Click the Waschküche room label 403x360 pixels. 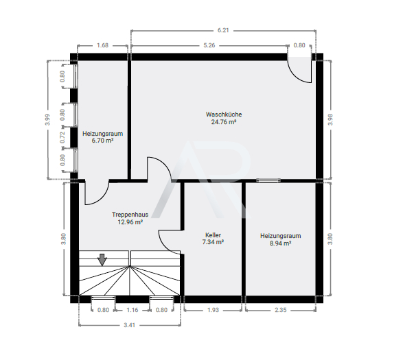pyautogui.click(x=224, y=115)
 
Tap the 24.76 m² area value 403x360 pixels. pyautogui.click(x=224, y=122)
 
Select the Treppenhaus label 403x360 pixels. pyautogui.click(x=130, y=215)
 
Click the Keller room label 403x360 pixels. pyautogui.click(x=213, y=235)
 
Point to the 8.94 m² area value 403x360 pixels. pyautogui.click(x=280, y=243)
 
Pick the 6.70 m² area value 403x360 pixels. pyautogui.click(x=102, y=141)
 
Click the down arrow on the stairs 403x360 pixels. pyautogui.click(x=102, y=260)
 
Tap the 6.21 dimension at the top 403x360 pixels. pyautogui.click(x=223, y=30)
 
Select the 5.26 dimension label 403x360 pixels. pyautogui.click(x=209, y=45)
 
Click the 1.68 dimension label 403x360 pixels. pyautogui.click(x=102, y=45)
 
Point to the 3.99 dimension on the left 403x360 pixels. pyautogui.click(x=47, y=119)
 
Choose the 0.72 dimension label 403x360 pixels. pyautogui.click(x=62, y=137)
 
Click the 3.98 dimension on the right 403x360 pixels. pyautogui.click(x=330, y=119)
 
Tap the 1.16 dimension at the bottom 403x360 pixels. pyautogui.click(x=133, y=310)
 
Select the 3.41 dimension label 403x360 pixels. pyautogui.click(x=129, y=325)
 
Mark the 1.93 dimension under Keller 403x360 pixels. pyautogui.click(x=213, y=310)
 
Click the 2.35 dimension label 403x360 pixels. pyautogui.click(x=280, y=310)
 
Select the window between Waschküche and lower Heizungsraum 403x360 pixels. pyautogui.click(x=268, y=181)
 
